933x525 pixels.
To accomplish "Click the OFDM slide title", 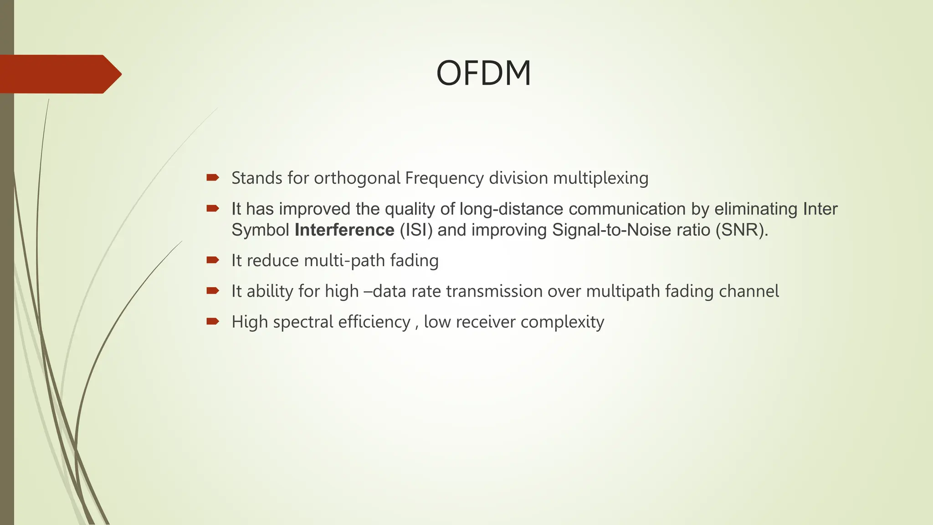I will [x=483, y=73].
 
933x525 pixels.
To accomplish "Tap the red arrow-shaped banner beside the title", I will [x=59, y=74].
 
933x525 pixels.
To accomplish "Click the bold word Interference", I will [x=344, y=230].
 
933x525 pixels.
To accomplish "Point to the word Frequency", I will [x=444, y=178].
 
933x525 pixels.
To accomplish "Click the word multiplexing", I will [x=600, y=178].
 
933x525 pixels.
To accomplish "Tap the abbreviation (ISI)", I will [x=416, y=230].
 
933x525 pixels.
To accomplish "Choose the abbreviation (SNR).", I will [x=741, y=230].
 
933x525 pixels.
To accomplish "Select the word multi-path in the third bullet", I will [x=344, y=261].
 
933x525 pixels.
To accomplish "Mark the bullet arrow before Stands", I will [x=213, y=177].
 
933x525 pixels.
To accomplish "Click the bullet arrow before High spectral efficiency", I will [x=213, y=321].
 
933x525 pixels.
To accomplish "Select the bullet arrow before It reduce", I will [x=213, y=260].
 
